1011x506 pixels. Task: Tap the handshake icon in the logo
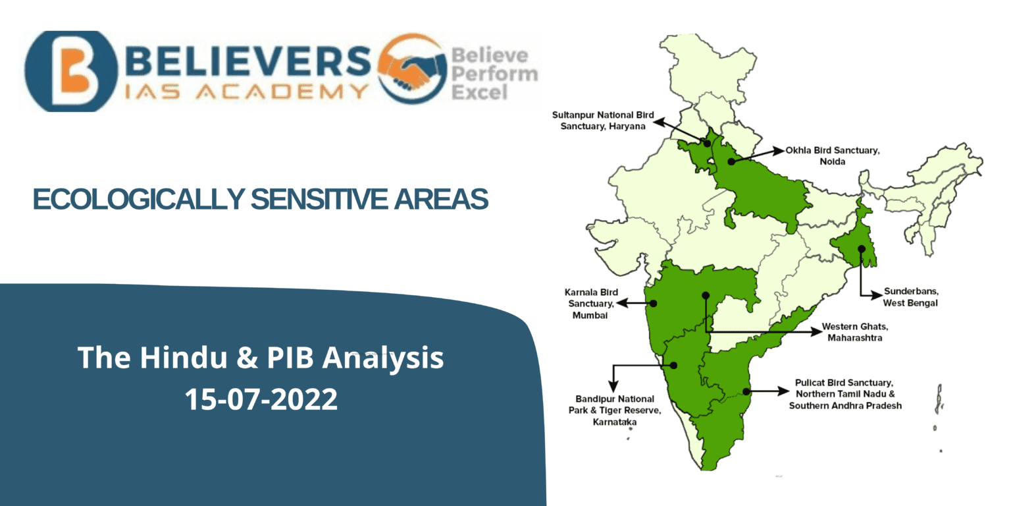(x=411, y=69)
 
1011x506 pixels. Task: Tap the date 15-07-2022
(x=261, y=399)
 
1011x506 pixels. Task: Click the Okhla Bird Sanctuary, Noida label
(x=832, y=155)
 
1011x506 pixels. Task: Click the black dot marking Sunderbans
(x=861, y=248)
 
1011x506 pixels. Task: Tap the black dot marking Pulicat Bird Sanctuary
(x=746, y=391)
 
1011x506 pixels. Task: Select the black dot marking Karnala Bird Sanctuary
(x=654, y=304)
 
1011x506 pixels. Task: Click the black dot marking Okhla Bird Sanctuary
(x=731, y=161)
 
